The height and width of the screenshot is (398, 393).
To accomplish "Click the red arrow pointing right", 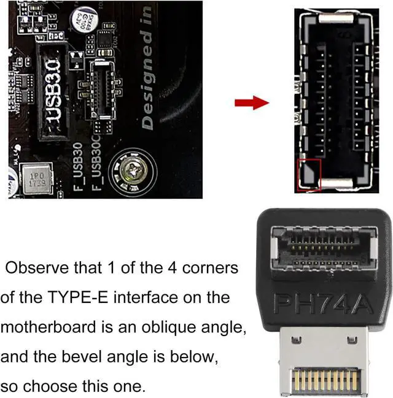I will coord(252,102).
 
